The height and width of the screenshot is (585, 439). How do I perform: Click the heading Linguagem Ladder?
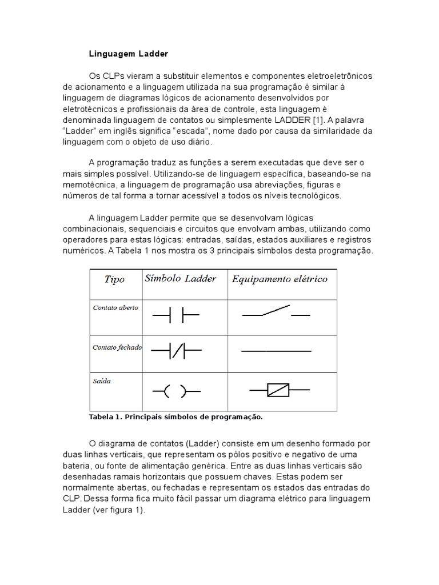[x=129, y=54]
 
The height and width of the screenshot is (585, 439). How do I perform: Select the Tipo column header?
[x=114, y=279]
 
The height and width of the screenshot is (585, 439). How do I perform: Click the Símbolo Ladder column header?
[x=181, y=279]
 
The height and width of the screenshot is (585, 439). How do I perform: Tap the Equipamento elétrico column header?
[x=279, y=279]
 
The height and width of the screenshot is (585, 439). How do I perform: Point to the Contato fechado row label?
[x=117, y=347]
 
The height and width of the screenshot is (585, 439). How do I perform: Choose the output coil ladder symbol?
[x=176, y=392]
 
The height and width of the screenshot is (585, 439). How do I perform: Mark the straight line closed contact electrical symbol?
[x=276, y=351]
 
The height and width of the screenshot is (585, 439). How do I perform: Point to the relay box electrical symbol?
[x=279, y=391]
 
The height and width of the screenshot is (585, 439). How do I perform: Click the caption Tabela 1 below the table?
[x=175, y=417]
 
